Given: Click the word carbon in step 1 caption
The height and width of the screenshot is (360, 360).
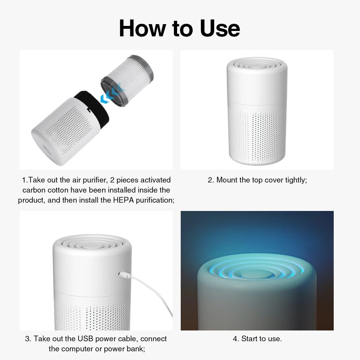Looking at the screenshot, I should click(x=35, y=190).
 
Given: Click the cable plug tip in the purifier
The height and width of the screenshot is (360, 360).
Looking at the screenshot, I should click(x=121, y=275).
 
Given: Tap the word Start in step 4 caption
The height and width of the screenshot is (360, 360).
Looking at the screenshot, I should click(x=249, y=339).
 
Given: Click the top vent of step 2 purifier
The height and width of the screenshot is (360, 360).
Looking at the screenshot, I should click(x=256, y=65).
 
